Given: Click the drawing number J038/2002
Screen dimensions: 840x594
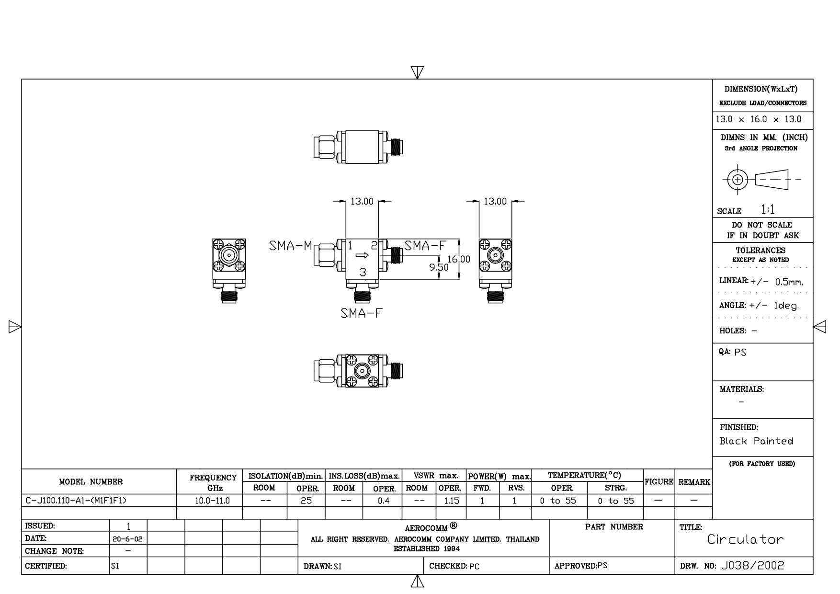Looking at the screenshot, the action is tap(752, 566).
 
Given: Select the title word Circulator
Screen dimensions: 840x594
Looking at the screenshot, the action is tap(746, 539).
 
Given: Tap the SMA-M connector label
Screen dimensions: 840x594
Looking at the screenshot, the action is tap(290, 246).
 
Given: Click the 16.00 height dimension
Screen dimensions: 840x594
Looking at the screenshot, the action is tap(458, 259).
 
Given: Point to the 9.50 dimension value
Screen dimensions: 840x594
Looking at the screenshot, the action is tap(439, 267).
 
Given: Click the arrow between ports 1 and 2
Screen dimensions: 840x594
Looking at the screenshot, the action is tap(363, 255).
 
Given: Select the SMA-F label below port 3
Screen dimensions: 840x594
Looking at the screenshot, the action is tap(362, 313).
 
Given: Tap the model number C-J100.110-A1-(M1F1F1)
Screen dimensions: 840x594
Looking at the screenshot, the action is tap(76, 501).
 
